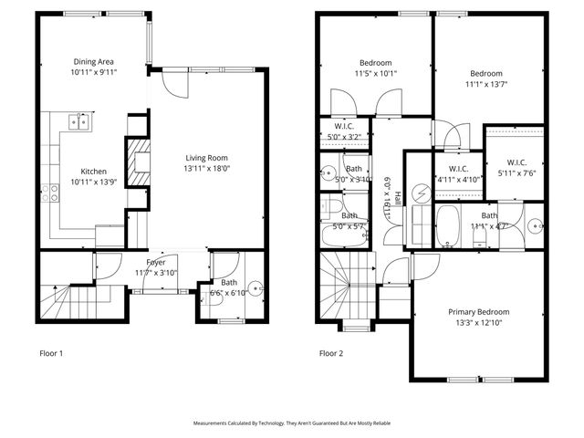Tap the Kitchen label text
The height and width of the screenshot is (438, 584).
click(94, 172)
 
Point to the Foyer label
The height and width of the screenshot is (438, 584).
click(156, 263)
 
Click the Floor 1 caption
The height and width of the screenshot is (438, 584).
click(52, 352)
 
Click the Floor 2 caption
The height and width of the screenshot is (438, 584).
click(331, 352)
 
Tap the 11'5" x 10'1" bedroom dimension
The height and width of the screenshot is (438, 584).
click(376, 73)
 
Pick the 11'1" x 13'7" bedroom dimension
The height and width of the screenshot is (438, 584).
click(485, 85)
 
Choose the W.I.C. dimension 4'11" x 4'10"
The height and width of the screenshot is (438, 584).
click(454, 179)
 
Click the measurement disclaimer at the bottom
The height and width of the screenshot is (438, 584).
click(291, 423)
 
